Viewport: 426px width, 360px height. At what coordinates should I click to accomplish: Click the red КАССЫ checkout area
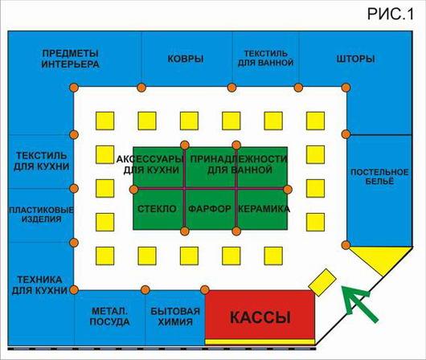click(260, 315)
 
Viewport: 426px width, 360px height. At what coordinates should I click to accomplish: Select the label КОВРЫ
click(186, 59)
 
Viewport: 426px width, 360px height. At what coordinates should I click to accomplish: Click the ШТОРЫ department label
click(355, 59)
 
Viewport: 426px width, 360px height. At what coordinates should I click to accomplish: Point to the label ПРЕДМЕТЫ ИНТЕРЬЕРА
click(70, 59)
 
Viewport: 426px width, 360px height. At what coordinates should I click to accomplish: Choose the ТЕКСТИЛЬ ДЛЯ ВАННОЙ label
click(265, 58)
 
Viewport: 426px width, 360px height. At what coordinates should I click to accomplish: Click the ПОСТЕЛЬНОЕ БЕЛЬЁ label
click(379, 177)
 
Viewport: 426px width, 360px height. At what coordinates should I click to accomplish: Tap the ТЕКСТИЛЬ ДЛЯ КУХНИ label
click(41, 162)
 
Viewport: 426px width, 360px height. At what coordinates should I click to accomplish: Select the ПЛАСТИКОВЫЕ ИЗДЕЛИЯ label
click(41, 215)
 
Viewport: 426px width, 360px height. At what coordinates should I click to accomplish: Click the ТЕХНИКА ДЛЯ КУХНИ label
click(39, 285)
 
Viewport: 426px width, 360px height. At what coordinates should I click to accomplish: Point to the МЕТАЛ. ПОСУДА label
click(109, 317)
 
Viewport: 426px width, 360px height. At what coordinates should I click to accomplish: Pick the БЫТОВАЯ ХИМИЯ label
click(175, 317)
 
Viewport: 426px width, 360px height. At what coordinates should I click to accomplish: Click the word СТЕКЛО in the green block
click(157, 209)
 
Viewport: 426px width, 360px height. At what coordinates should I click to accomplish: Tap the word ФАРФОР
click(210, 209)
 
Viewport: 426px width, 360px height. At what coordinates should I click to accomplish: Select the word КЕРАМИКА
click(264, 209)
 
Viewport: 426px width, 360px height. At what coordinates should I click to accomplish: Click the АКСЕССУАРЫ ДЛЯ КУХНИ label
click(151, 165)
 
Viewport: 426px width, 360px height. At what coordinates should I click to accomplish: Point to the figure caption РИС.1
click(391, 14)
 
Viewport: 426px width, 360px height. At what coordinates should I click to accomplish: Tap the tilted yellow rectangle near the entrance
click(322, 282)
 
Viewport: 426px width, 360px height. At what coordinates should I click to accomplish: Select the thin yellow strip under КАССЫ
click(260, 342)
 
